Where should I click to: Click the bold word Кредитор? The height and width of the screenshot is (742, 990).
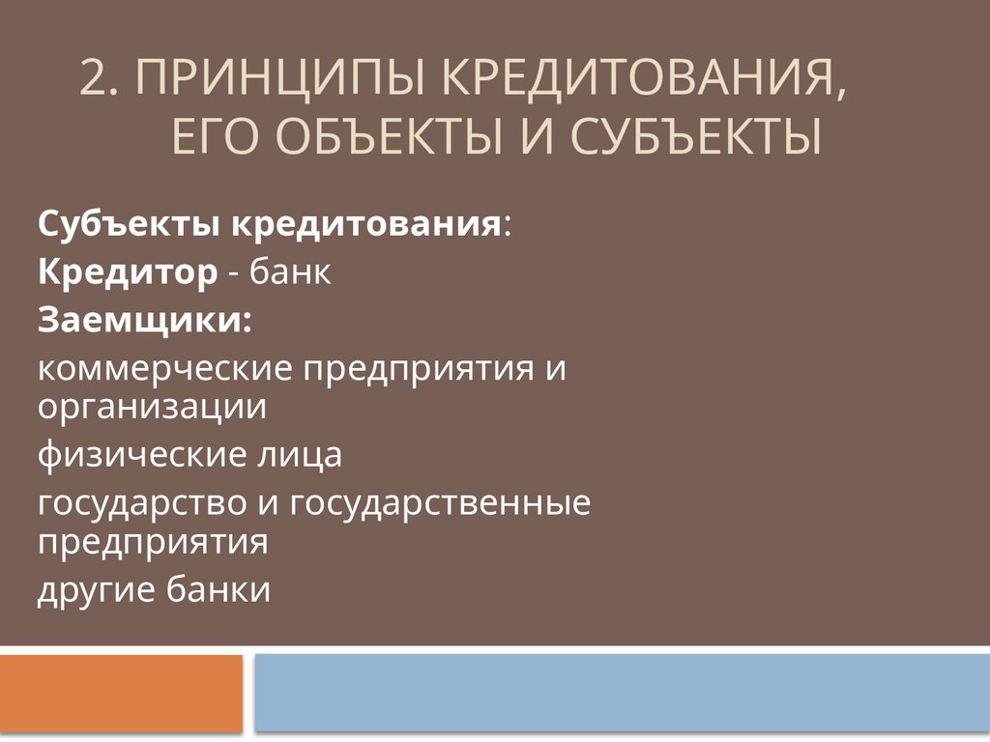[128, 273]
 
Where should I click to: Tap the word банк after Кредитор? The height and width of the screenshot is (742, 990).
[291, 273]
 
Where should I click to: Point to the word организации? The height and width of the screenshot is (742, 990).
[152, 406]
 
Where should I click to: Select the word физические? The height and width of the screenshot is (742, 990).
[140, 454]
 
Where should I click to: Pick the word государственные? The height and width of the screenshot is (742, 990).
[439, 503]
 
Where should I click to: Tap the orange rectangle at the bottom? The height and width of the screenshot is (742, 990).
[121, 694]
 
